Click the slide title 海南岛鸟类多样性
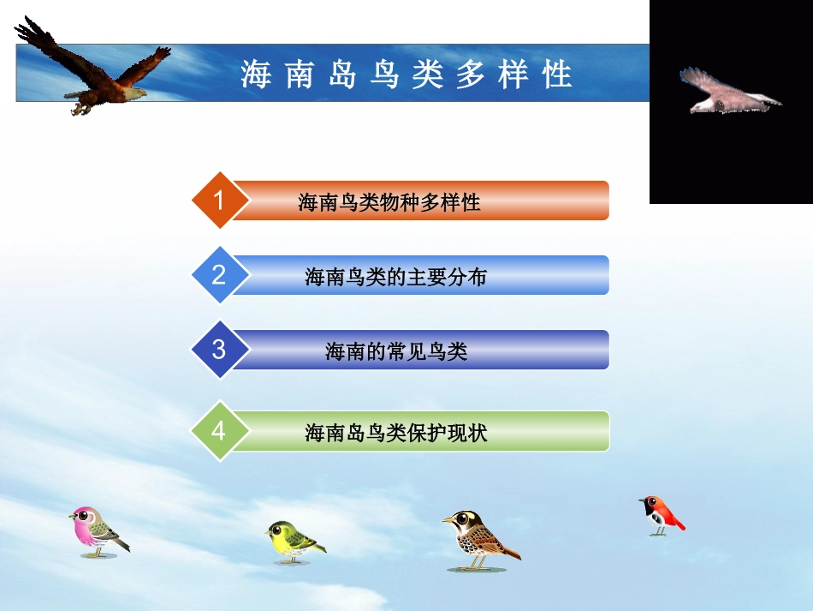click(x=406, y=75)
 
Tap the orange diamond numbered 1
click(x=219, y=201)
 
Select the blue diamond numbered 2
click(x=219, y=275)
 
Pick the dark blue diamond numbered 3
click(x=219, y=350)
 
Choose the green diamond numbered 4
click(x=219, y=430)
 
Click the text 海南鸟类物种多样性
click(x=389, y=202)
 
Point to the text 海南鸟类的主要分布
click(x=395, y=277)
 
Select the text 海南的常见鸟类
click(x=395, y=351)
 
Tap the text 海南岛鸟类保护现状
click(x=395, y=433)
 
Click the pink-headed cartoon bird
click(x=97, y=531)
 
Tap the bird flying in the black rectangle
click(x=727, y=93)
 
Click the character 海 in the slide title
click(x=256, y=75)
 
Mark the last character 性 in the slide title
click(x=557, y=75)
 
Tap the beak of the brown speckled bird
click(x=447, y=519)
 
